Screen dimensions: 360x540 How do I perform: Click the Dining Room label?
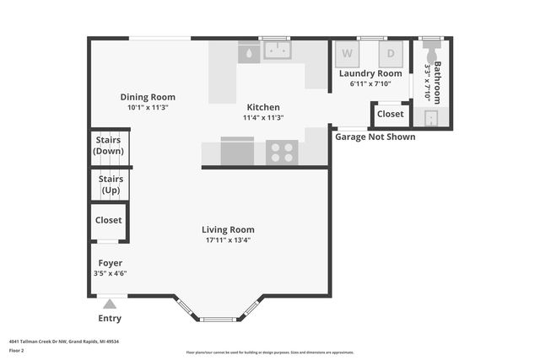point(147,97)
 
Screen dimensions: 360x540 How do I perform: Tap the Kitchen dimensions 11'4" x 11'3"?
point(262,118)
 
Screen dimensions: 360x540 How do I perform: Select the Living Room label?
point(228,229)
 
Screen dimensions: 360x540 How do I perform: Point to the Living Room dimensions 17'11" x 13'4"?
point(228,240)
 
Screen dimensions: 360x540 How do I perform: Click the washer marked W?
point(347,54)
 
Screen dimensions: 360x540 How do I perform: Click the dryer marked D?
point(390,54)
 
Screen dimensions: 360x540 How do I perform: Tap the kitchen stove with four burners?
point(282,153)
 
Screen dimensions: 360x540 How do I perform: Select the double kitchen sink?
point(277,51)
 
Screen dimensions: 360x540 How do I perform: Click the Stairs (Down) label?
point(109,145)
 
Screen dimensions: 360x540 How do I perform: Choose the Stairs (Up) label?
point(111,184)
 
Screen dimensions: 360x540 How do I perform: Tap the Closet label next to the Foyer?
point(109,220)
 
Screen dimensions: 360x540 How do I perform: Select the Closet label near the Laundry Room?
point(390,114)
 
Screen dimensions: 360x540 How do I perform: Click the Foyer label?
point(110,263)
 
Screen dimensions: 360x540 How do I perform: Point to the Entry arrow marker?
point(110,304)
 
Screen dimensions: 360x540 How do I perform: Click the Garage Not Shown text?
point(375,137)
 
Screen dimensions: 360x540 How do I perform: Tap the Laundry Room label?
point(370,73)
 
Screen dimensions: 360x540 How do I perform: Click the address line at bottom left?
point(63,341)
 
